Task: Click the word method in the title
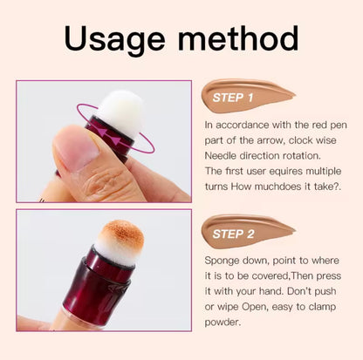237,39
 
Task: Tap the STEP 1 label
233,98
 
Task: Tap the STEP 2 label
233,234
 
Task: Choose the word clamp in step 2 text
325,305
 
